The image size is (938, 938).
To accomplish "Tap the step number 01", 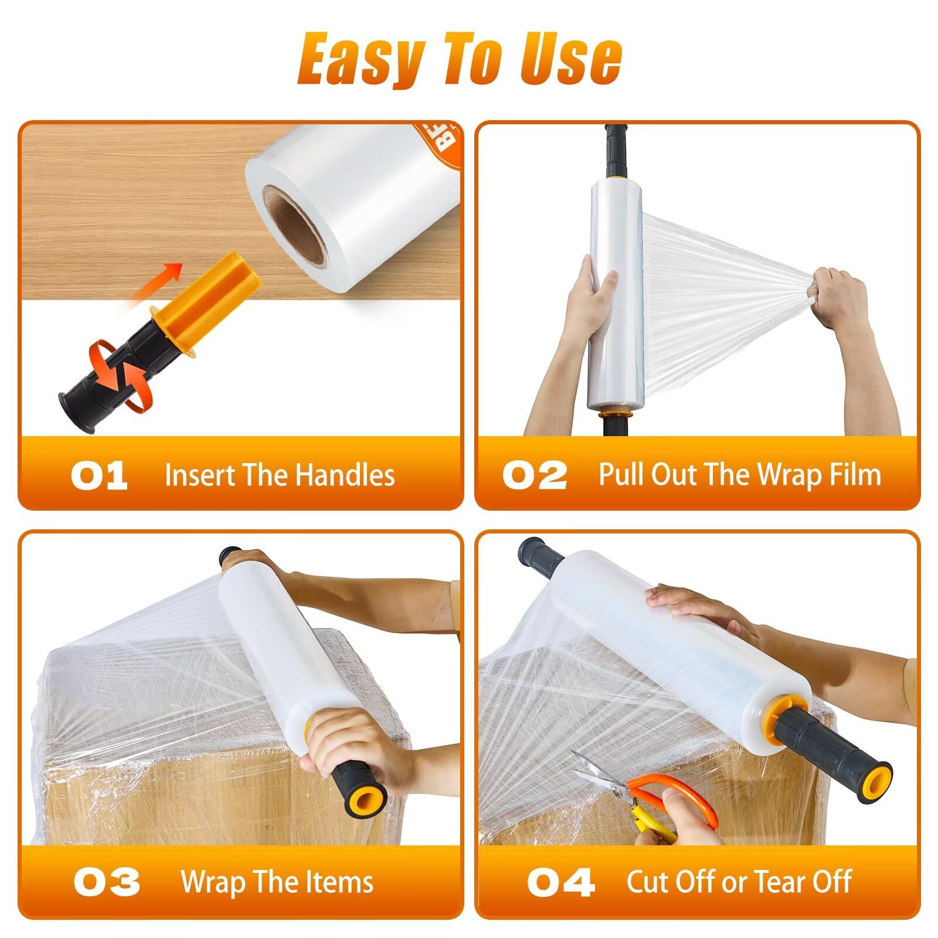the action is pyautogui.click(x=99, y=475).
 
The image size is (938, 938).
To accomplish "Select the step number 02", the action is pyautogui.click(x=535, y=475).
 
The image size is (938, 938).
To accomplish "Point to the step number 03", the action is pyautogui.click(x=107, y=882).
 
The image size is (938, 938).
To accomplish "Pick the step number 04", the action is pyautogui.click(x=560, y=882).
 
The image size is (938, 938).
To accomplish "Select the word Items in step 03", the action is pyautogui.click(x=343, y=882).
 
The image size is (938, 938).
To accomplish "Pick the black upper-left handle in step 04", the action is pyautogui.click(x=539, y=554).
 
